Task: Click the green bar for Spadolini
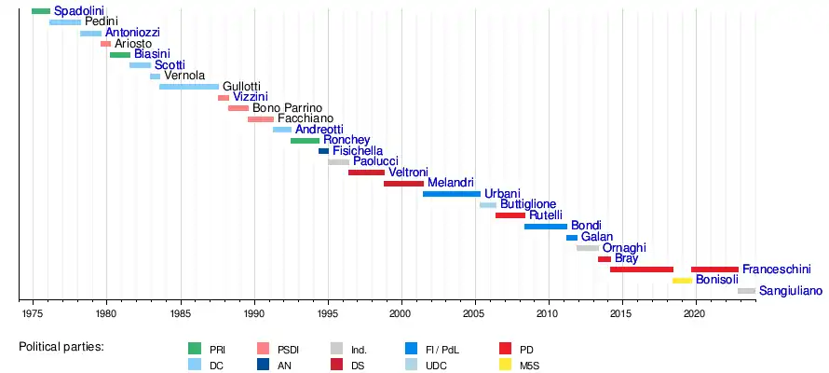click(x=41, y=11)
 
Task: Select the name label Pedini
click(x=101, y=21)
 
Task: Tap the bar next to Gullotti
click(x=189, y=87)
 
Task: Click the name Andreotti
click(x=319, y=130)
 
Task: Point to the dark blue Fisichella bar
click(x=323, y=151)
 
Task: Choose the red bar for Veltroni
click(x=366, y=173)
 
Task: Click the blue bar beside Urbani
click(x=452, y=194)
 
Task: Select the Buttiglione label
click(x=528, y=204)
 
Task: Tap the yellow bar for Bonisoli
click(x=682, y=280)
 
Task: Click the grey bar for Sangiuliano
click(x=746, y=291)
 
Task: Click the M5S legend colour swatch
click(x=506, y=366)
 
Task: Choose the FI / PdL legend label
click(x=442, y=350)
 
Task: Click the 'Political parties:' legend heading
click(x=61, y=347)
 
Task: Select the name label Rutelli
click(x=545, y=215)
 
